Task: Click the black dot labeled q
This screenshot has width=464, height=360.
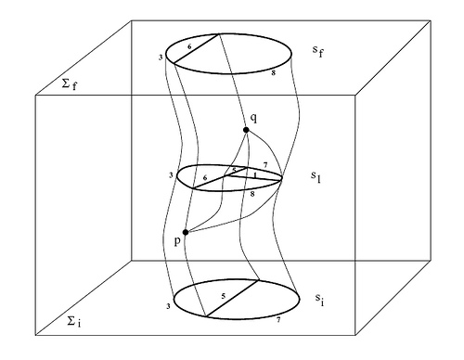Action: coord(248,128)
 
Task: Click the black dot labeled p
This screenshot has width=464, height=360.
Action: coord(186,232)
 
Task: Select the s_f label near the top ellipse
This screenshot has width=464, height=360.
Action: coord(319,49)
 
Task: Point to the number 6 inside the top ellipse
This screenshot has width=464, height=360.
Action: coord(189,45)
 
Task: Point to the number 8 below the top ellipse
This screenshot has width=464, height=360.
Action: coord(271,71)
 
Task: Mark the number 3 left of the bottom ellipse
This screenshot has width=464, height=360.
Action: coord(167,305)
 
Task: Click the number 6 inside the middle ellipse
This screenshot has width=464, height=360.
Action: coord(205,176)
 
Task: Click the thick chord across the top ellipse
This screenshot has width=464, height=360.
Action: coord(197,52)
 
